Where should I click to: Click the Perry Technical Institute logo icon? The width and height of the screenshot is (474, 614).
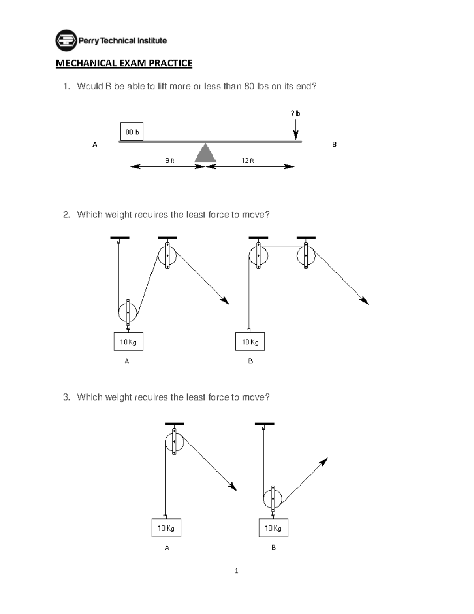(x=66, y=40)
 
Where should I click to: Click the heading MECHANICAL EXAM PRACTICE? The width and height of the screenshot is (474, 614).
(x=124, y=63)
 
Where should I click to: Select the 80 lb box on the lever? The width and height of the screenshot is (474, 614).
(x=132, y=132)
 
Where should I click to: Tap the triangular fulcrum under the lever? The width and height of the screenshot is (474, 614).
(x=205, y=154)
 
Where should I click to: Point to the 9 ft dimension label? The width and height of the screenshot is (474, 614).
(x=169, y=161)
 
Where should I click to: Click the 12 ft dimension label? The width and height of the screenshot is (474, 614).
(x=248, y=161)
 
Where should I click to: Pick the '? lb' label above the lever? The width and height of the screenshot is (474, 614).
(x=295, y=113)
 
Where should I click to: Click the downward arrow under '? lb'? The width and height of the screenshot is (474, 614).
(x=296, y=130)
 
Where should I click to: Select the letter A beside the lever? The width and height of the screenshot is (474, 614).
(x=95, y=145)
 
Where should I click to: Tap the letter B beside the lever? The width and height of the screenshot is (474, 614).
(x=334, y=145)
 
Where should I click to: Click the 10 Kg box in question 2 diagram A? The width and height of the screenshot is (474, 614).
(x=128, y=342)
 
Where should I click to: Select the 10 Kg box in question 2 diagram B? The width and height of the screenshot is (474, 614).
(x=250, y=342)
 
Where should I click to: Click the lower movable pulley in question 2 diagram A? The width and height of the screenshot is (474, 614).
(x=128, y=312)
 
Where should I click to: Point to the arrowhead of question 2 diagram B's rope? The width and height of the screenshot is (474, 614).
(x=364, y=301)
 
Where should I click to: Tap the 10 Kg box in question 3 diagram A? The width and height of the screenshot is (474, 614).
(x=166, y=528)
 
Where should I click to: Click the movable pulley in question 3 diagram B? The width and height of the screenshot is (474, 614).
(x=273, y=498)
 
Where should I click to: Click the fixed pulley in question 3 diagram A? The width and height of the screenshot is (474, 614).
(x=174, y=442)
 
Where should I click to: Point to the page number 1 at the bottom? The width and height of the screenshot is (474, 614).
(x=236, y=571)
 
